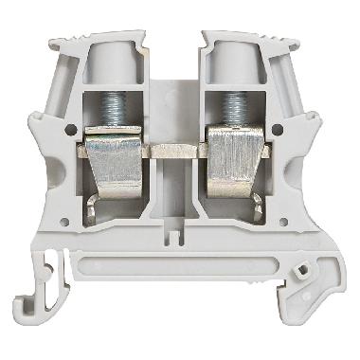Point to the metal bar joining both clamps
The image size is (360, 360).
[178, 149]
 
